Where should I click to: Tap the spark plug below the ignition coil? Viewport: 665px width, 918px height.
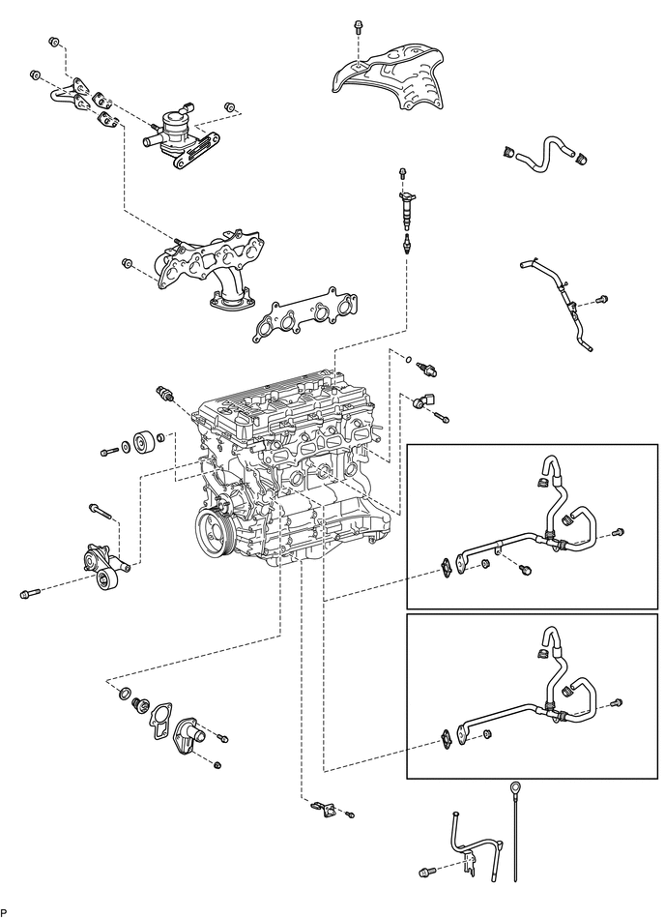click(404, 242)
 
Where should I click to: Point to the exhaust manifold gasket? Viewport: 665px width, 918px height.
click(304, 314)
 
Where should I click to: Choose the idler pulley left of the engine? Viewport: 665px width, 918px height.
click(144, 443)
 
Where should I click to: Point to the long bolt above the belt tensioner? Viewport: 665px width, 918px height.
click(101, 511)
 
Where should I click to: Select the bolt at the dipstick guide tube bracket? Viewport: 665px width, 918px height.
click(428, 873)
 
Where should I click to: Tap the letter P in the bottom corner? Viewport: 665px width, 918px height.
click(3, 912)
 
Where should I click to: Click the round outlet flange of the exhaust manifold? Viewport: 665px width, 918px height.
click(232, 304)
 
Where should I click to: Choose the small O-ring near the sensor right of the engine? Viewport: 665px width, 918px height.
click(408, 359)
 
